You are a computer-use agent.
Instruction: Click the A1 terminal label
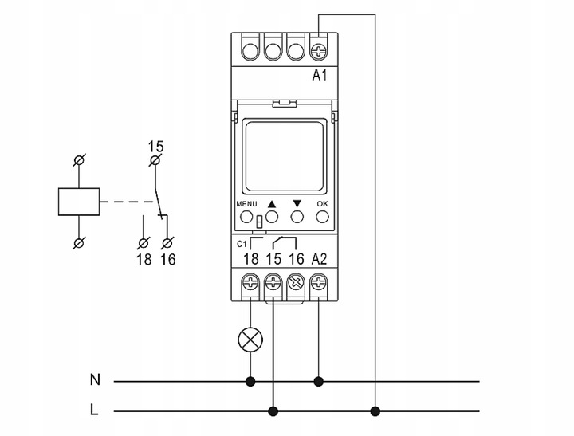pos(320,77)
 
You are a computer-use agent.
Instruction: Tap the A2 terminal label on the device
pos(319,258)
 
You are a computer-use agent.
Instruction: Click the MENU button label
pos(246,204)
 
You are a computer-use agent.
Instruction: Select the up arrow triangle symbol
pos(272,204)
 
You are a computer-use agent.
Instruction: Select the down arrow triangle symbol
pos(297,204)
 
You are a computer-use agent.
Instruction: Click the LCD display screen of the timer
pos(284,157)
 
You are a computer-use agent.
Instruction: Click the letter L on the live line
pos(95,411)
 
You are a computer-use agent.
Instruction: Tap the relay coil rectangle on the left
pos(79,202)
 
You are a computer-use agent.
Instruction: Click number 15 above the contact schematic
pos(155,147)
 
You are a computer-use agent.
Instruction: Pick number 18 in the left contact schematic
pos(144,259)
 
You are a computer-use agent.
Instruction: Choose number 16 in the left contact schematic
pos(167,259)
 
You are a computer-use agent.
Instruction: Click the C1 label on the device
pos(242,242)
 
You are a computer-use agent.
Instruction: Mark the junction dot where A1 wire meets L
pos(375,411)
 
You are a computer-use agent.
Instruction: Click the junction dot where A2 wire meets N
pos(319,381)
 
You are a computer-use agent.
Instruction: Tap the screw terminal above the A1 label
pos(319,51)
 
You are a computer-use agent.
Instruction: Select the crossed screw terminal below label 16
pos(297,281)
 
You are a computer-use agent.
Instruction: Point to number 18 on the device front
pos(250,258)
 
